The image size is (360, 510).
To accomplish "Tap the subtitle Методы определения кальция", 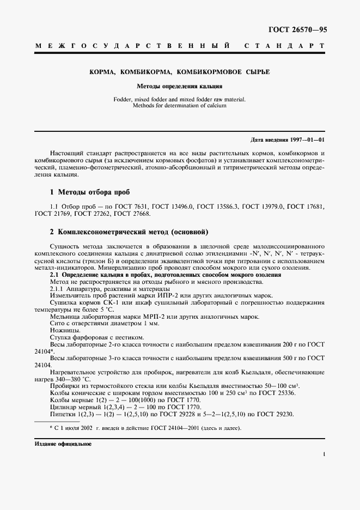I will pos(179,86).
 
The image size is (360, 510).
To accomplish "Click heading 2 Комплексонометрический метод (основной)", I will pos(129,232).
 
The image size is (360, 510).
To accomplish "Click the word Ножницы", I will pos(65,331).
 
